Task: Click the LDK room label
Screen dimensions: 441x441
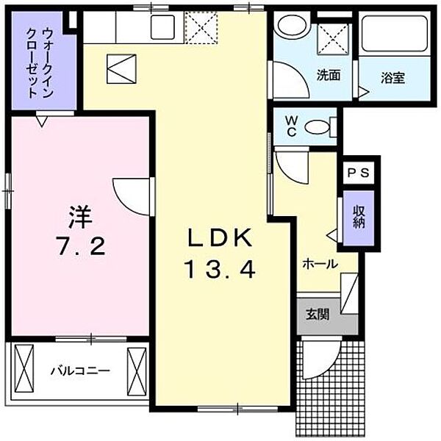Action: pyautogui.click(x=220, y=238)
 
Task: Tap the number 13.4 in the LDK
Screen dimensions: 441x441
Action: pyautogui.click(x=220, y=271)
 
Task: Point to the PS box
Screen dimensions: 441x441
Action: pyautogui.click(x=359, y=173)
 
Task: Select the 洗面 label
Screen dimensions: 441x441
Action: pyautogui.click(x=329, y=75)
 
